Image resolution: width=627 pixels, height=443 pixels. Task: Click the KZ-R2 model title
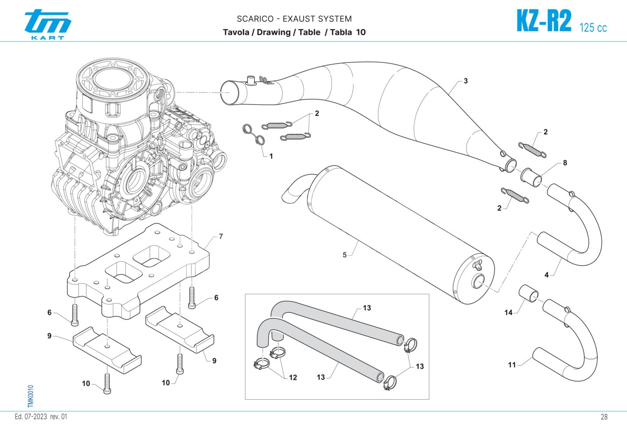coord(544,22)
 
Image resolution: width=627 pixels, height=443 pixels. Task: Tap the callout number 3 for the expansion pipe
coord(465,81)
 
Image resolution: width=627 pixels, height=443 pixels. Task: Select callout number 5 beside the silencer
coord(344,255)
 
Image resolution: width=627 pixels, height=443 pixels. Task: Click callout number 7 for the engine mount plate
coord(221,237)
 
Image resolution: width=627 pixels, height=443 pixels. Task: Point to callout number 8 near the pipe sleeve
coord(565,163)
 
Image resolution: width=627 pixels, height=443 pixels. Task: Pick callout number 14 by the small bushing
coord(508,312)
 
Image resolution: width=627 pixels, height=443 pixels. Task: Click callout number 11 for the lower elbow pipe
coord(512,365)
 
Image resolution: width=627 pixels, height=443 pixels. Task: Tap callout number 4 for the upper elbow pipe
coord(546,275)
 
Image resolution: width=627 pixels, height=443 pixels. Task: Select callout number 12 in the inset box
coord(293,377)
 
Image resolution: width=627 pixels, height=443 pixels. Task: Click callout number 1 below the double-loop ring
coord(271,156)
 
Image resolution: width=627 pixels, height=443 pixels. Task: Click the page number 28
coord(604,417)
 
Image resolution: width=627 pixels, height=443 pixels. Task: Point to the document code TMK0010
coord(30,396)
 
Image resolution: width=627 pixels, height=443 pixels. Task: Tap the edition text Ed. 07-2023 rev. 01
coord(41,417)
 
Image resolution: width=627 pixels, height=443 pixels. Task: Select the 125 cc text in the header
coord(593,27)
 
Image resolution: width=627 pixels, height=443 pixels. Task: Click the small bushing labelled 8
coord(531,176)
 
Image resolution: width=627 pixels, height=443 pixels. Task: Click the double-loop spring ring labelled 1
coord(253,135)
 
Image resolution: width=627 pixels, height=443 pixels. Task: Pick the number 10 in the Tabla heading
coord(361,32)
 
